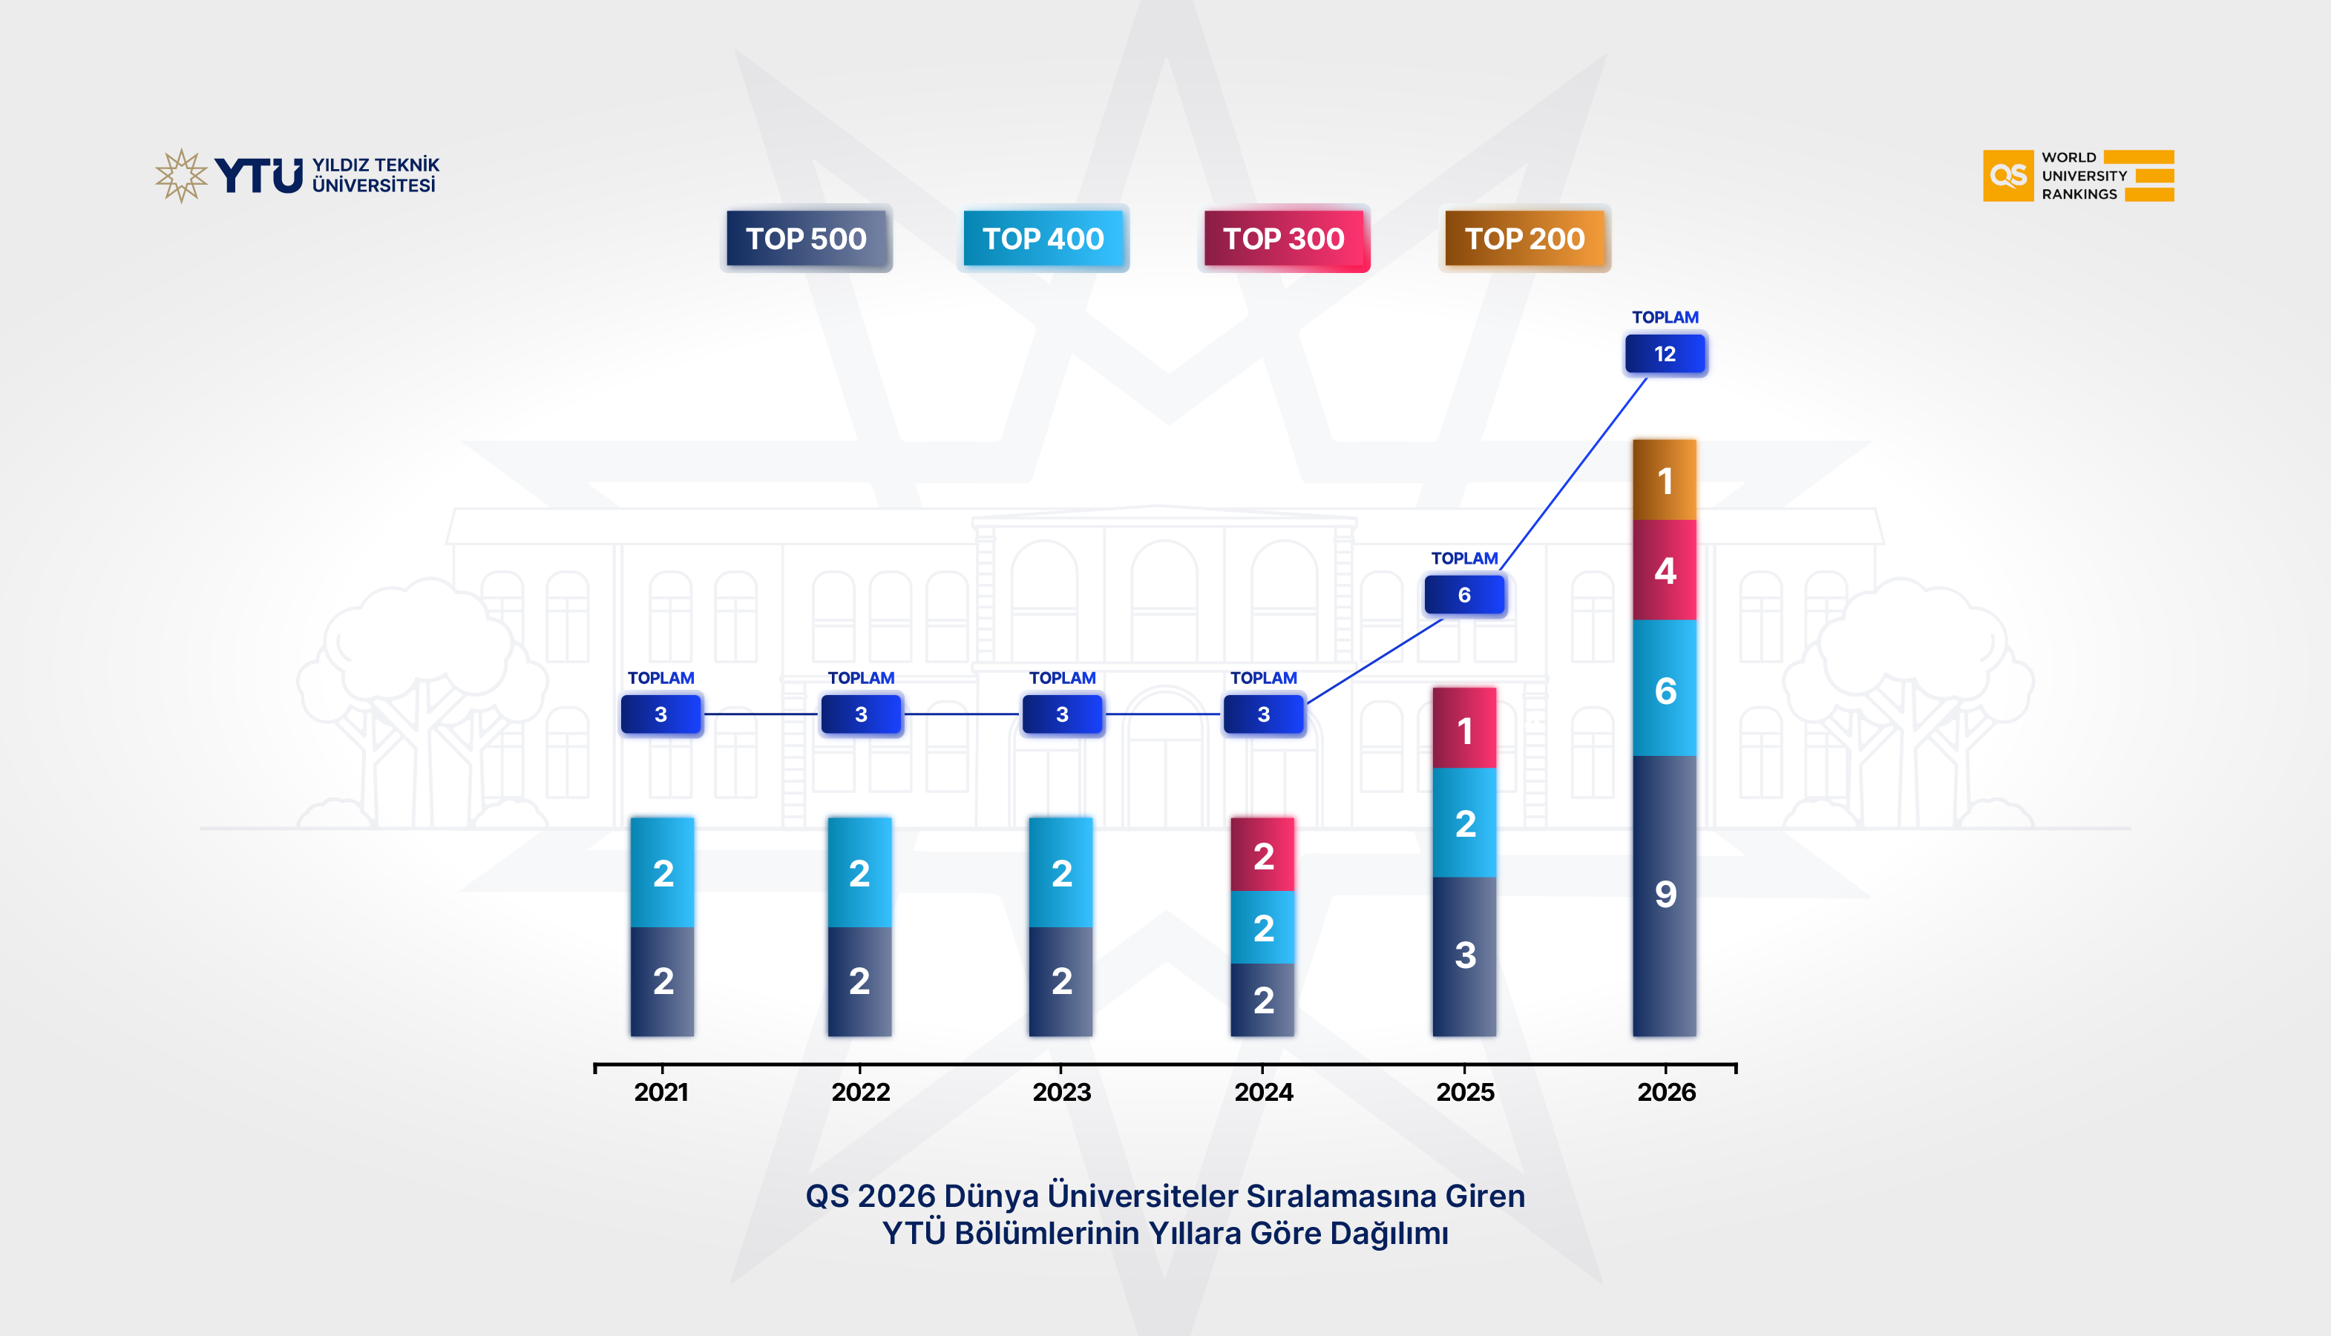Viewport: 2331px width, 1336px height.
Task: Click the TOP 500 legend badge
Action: pyautogui.click(x=806, y=239)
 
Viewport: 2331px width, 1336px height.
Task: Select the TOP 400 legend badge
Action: pyautogui.click(x=1043, y=239)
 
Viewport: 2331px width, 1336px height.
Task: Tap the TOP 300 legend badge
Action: pyautogui.click(x=1283, y=239)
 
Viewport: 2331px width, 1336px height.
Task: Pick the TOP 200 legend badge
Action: pyautogui.click(x=1524, y=239)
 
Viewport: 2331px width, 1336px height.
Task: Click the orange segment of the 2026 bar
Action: pyautogui.click(x=1665, y=480)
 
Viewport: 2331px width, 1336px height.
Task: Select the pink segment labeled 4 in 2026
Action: pyautogui.click(x=1665, y=570)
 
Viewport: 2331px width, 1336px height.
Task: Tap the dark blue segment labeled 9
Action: pyautogui.click(x=1665, y=895)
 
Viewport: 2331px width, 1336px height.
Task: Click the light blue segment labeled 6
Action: pyautogui.click(x=1665, y=689)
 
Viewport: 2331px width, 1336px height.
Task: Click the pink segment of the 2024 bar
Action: pyautogui.click(x=1263, y=855)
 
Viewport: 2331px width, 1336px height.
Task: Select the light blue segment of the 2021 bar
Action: pyautogui.click(x=662, y=872)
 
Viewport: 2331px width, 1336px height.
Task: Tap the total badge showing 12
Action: pyautogui.click(x=1665, y=354)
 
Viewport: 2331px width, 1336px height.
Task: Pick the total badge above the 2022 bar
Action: pyautogui.click(x=861, y=714)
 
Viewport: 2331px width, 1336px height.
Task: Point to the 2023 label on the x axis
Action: pyautogui.click(x=1062, y=1092)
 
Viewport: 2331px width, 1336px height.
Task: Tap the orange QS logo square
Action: pyautogui.click(x=2007, y=175)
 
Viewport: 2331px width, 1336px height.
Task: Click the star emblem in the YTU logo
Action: pyautogui.click(x=182, y=175)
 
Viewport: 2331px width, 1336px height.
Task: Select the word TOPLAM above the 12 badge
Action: pyautogui.click(x=1665, y=317)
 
